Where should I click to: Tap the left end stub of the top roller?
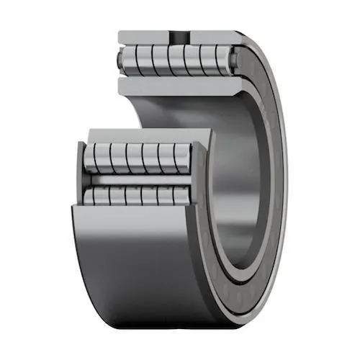click(x=120, y=58)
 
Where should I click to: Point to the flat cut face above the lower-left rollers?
click(x=144, y=135)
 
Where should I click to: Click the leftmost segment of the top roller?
click(x=130, y=58)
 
